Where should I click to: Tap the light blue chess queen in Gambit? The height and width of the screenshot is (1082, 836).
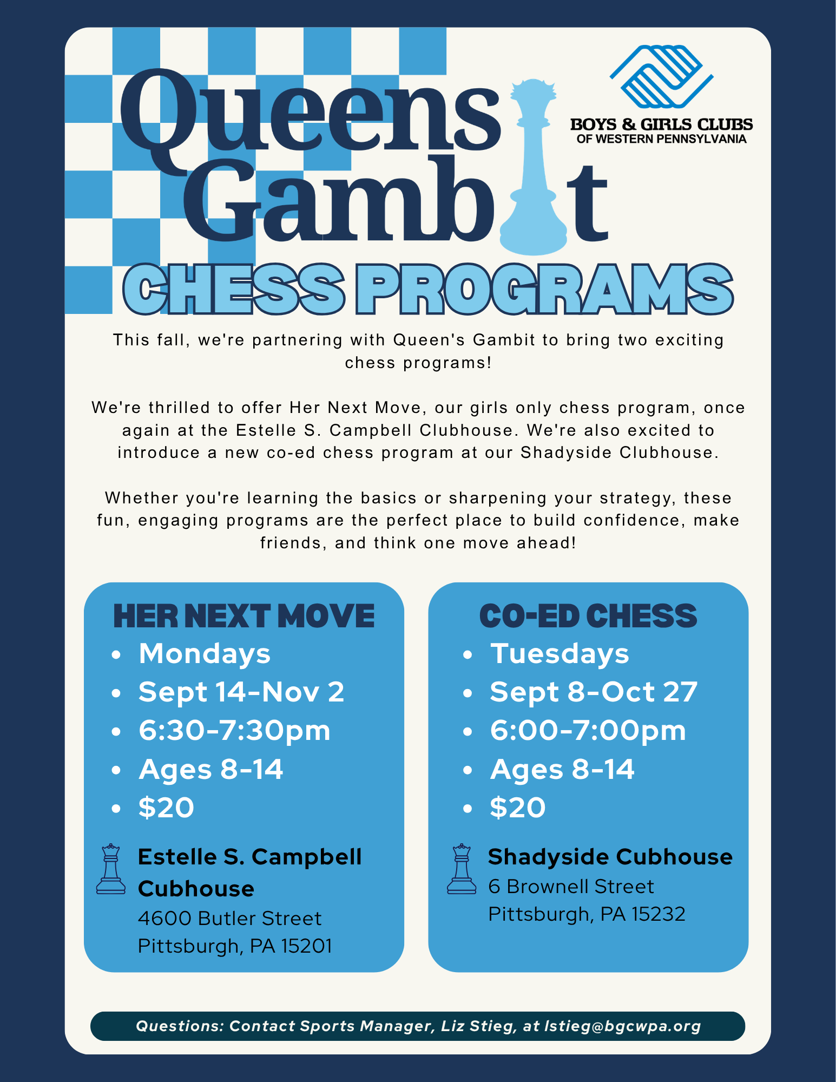pyautogui.click(x=533, y=168)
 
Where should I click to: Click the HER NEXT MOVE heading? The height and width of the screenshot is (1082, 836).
pyautogui.click(x=243, y=616)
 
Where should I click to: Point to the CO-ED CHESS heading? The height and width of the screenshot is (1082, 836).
pyautogui.click(x=588, y=616)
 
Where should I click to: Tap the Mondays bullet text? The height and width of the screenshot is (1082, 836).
pyautogui.click(x=205, y=654)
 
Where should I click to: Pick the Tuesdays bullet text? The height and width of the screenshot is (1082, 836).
pyautogui.click(x=559, y=654)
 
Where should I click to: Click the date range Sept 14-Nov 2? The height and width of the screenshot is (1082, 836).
pyautogui.click(x=241, y=692)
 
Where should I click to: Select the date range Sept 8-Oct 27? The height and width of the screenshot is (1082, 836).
pyautogui.click(x=594, y=692)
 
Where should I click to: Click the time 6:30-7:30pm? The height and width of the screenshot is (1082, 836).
pyautogui.click(x=234, y=731)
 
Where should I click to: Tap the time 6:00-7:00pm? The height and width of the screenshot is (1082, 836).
pyautogui.click(x=588, y=731)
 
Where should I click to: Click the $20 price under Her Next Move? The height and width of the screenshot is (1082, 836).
pyautogui.click(x=166, y=808)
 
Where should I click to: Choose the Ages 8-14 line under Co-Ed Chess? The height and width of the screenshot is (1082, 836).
pyautogui.click(x=562, y=769)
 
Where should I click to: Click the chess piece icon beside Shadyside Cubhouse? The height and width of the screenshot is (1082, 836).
pyautogui.click(x=462, y=869)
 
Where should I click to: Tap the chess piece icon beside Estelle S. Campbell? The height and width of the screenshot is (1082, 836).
pyautogui.click(x=111, y=869)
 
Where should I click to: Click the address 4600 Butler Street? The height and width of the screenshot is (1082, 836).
pyautogui.click(x=229, y=919)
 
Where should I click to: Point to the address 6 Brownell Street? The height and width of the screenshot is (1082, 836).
pyautogui.click(x=571, y=887)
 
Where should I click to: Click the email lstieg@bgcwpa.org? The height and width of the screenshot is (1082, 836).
pyautogui.click(x=622, y=1026)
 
